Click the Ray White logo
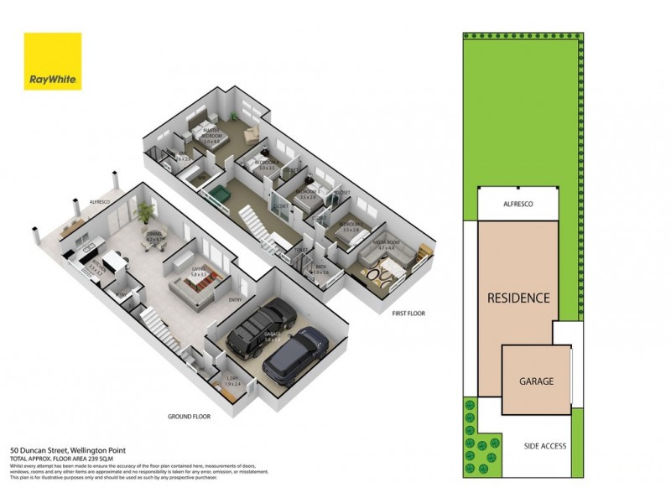tap(53, 61)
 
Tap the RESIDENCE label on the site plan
tap(519, 298)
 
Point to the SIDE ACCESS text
tap(546, 447)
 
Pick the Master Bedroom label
tap(212, 137)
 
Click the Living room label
tap(199, 271)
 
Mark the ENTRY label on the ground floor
tap(235, 299)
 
